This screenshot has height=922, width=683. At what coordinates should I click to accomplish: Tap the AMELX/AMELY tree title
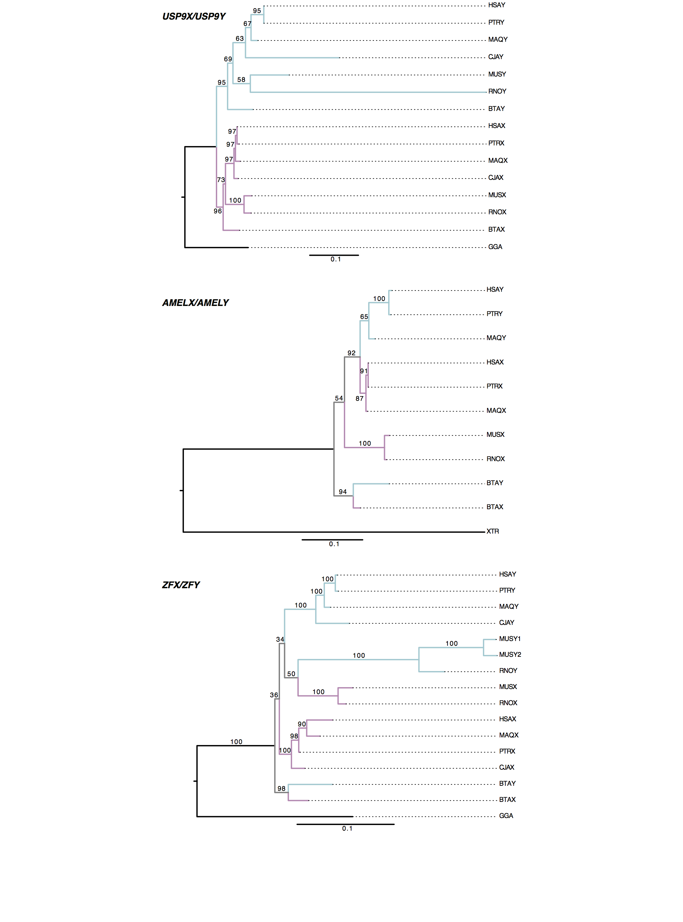195,303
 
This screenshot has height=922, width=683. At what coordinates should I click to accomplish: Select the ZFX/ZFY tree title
181,585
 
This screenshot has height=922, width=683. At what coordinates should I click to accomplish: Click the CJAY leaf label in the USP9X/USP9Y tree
495,57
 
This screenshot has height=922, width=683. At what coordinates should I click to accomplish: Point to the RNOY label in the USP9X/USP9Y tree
497,91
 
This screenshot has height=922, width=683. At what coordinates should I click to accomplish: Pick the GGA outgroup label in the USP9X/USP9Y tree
495,247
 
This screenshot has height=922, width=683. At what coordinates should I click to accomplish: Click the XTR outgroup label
492,531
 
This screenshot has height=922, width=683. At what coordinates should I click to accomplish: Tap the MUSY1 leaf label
509,639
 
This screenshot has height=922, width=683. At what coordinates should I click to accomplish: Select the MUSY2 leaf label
510,655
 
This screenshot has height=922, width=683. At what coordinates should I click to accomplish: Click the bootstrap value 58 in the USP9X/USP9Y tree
241,79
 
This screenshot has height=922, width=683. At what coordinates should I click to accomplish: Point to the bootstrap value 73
221,180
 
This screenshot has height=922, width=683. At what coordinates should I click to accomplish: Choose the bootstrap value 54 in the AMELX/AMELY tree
338,398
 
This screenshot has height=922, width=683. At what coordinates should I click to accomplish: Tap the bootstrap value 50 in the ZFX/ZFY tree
291,674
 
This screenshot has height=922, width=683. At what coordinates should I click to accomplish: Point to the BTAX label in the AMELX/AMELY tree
495,507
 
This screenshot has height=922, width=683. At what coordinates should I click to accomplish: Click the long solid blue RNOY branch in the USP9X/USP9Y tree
368,92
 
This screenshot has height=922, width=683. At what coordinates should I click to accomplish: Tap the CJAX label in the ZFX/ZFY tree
506,767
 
